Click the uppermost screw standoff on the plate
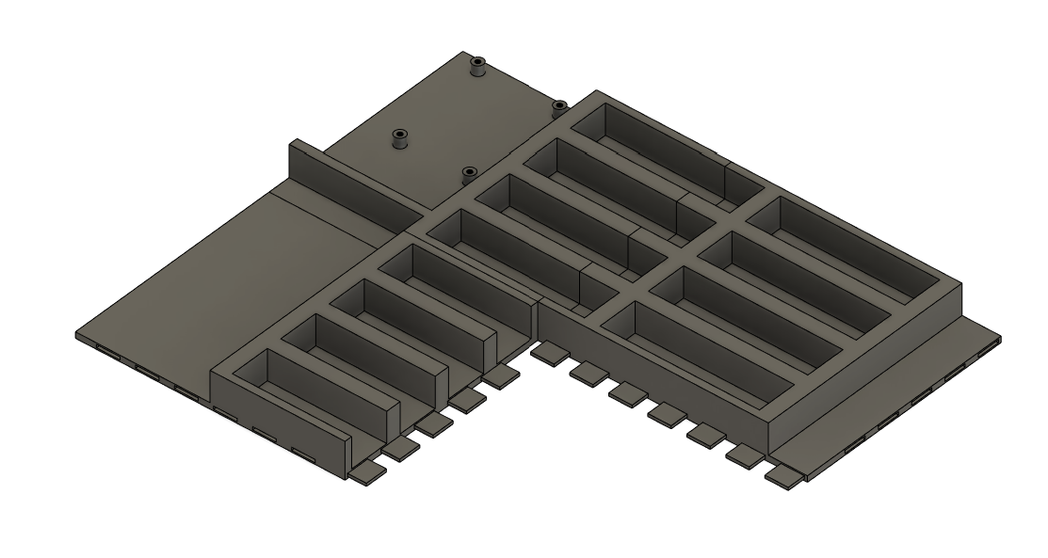[x=478, y=66]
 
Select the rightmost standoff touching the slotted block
[x=558, y=106]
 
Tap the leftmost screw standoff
[x=400, y=138]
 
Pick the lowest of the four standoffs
[x=469, y=172]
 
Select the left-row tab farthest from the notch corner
[x=369, y=469]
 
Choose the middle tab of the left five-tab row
[x=436, y=422]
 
